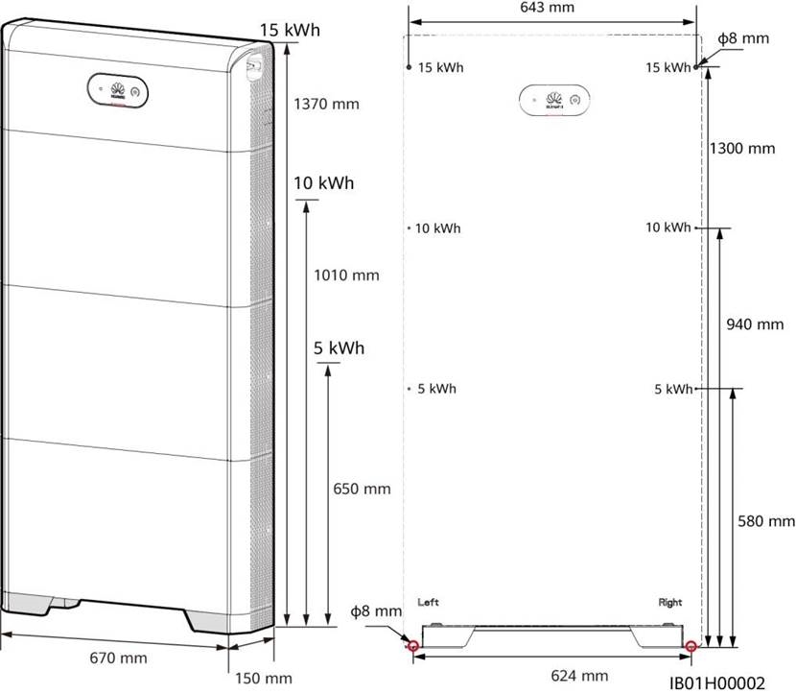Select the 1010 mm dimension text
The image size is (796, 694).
point(347,275)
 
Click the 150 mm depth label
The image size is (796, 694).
point(260,679)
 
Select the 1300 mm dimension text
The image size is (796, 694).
point(742,149)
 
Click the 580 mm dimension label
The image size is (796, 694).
point(767,521)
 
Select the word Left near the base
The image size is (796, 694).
point(429,603)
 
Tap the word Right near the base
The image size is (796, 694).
point(670,603)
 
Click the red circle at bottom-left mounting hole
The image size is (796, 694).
point(413,646)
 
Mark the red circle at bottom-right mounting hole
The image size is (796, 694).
point(691,646)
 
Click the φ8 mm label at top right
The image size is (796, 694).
point(743,39)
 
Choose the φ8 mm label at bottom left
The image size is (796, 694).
point(375,611)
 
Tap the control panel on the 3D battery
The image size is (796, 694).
point(115,91)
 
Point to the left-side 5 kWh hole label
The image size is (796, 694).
point(435,389)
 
